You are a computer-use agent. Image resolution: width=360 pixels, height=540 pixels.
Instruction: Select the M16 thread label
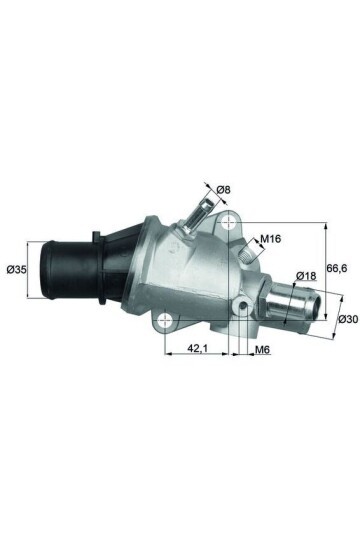pyautogui.click(x=270, y=240)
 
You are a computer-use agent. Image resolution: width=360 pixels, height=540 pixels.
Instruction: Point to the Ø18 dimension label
pyautogui.click(x=307, y=275)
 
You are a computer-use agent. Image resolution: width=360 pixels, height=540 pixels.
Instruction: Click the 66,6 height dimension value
pyautogui.click(x=339, y=267)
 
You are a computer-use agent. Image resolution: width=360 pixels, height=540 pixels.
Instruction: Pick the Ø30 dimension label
pyautogui.click(x=347, y=319)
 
